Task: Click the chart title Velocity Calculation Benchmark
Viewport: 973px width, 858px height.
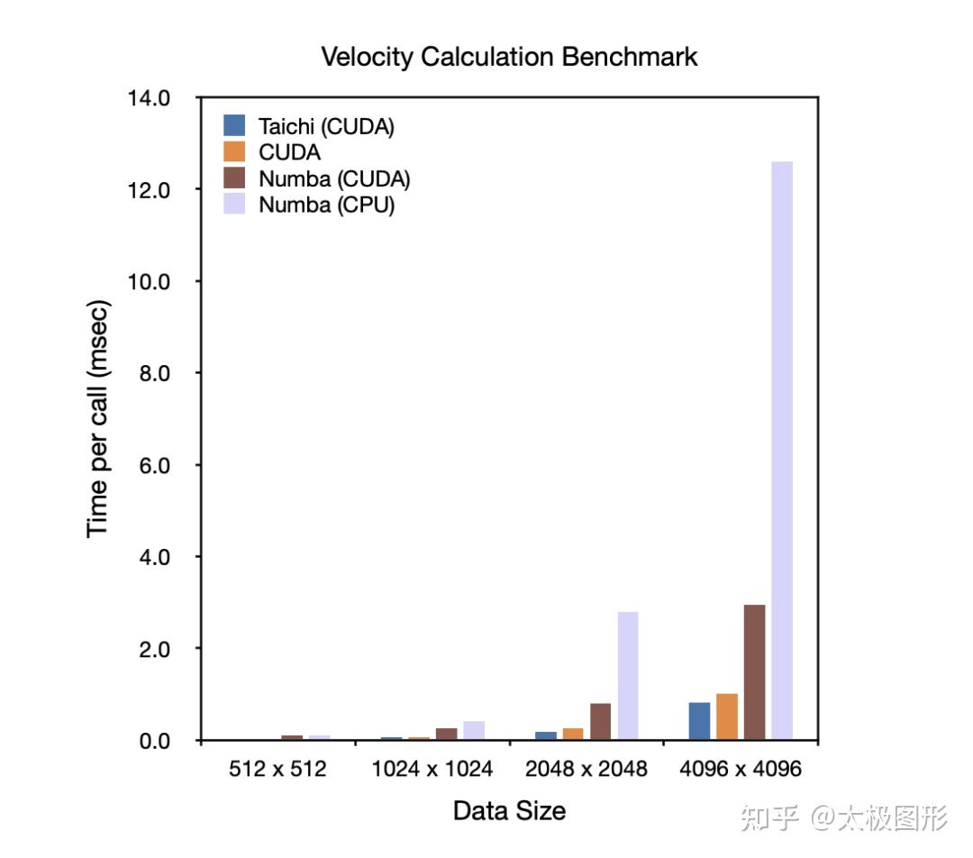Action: [x=509, y=57]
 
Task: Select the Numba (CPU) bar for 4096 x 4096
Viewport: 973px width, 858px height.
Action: [x=782, y=451]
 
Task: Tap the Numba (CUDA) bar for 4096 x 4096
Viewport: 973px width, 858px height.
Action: [x=754, y=672]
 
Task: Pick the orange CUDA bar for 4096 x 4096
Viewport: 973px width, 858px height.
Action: [x=727, y=717]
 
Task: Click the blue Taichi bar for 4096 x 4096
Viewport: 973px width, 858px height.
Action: [x=699, y=721]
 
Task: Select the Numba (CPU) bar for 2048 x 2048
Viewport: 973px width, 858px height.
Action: [x=628, y=676]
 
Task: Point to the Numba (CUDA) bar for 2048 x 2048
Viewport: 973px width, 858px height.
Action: [x=600, y=722]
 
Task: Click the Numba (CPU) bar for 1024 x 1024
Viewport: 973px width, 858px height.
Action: [x=474, y=731]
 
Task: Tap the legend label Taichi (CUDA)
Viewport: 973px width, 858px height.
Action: [x=326, y=126]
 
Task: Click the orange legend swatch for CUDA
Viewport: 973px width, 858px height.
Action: [x=234, y=152]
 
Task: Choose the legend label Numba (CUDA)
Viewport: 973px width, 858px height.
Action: [x=334, y=178]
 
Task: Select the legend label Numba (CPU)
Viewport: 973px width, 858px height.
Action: [x=327, y=205]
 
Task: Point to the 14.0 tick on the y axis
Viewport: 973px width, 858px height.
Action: [x=150, y=97]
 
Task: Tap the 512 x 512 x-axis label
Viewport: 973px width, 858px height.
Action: [x=279, y=770]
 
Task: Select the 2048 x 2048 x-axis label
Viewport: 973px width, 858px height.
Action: [x=587, y=770]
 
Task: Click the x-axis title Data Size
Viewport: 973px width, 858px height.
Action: [x=509, y=810]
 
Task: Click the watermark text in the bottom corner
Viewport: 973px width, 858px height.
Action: [x=843, y=817]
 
